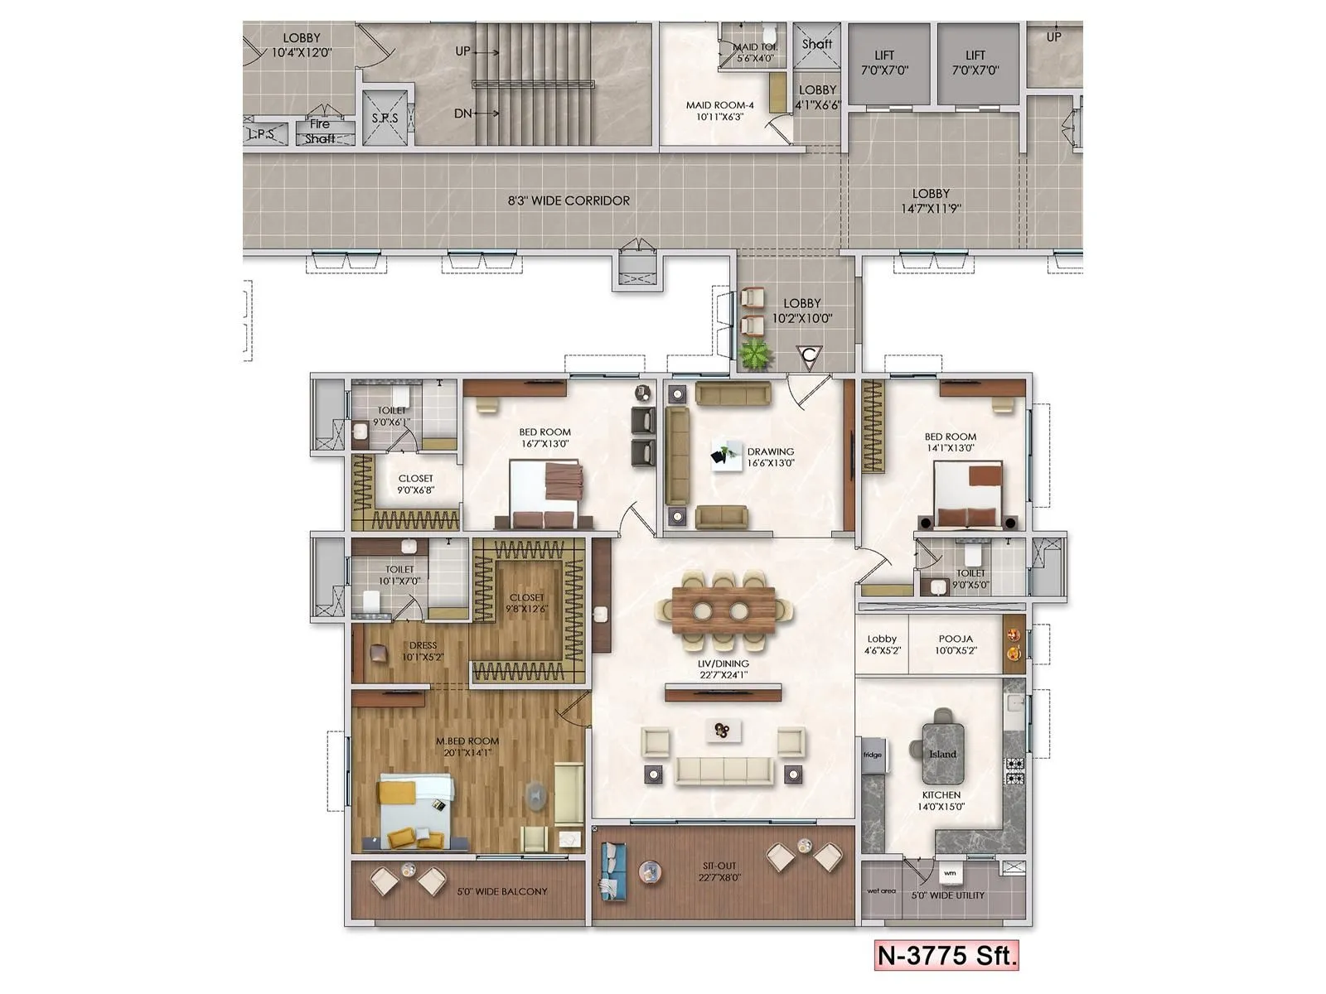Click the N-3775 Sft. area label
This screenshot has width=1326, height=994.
[946, 956]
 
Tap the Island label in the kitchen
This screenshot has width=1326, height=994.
[942, 754]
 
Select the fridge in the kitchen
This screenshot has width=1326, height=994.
[873, 755]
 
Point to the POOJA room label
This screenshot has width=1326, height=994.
[956, 639]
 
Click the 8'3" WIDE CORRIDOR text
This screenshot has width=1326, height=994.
[569, 200]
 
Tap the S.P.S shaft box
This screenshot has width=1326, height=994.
[385, 118]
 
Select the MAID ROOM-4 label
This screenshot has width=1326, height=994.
[719, 105]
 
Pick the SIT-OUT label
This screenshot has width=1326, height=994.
[719, 866]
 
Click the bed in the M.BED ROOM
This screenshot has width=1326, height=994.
[415, 810]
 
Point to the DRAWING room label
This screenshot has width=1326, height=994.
[771, 452]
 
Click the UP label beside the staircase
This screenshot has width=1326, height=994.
[462, 51]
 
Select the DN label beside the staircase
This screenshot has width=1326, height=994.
[463, 113]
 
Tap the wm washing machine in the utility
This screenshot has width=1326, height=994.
[950, 873]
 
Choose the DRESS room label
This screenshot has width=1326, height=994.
[423, 646]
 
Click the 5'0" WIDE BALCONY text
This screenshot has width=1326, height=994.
[502, 892]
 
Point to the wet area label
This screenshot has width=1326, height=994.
[881, 891]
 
